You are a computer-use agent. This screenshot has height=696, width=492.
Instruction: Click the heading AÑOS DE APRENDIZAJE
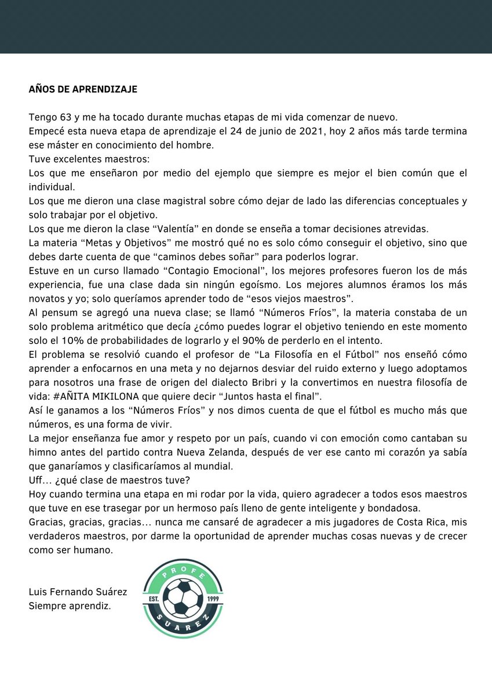pyautogui.click(x=83, y=90)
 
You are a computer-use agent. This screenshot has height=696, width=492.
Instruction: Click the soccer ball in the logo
pyautogui.click(x=183, y=599)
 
